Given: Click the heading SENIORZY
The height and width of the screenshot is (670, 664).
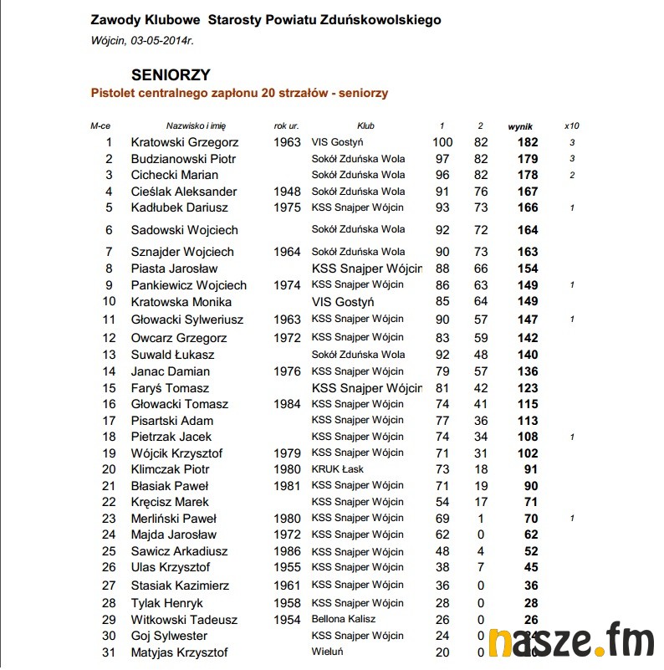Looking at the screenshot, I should tap(171, 74).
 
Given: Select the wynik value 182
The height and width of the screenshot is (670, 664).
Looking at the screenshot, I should tap(528, 142).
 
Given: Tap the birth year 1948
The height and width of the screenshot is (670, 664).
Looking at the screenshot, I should tap(287, 192).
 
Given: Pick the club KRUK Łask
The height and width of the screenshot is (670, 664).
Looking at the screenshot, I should tap(338, 469).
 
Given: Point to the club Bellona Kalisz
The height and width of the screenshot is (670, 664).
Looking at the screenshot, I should tap(344, 620).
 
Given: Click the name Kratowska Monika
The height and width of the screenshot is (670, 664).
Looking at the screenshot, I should tap(181, 302).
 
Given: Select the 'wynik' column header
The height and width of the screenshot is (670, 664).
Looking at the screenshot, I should tap(520, 125).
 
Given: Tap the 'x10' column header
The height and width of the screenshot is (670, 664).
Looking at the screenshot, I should tap(572, 125).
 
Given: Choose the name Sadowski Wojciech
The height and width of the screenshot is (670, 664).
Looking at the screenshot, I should tap(184, 230).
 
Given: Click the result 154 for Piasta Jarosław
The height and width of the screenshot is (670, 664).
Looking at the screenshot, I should tap(528, 269).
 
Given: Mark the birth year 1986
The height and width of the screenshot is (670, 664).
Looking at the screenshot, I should tap(287, 551).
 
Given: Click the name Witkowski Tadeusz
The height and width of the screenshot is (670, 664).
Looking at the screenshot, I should tap(184, 620).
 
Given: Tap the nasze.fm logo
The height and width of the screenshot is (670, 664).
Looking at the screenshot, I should tap(572, 642).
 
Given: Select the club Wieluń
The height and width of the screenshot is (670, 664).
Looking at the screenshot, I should tap(327, 652).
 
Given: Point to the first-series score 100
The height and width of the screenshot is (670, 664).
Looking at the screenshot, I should tap(442, 142).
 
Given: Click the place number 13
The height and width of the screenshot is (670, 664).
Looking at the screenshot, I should tap(109, 355).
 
